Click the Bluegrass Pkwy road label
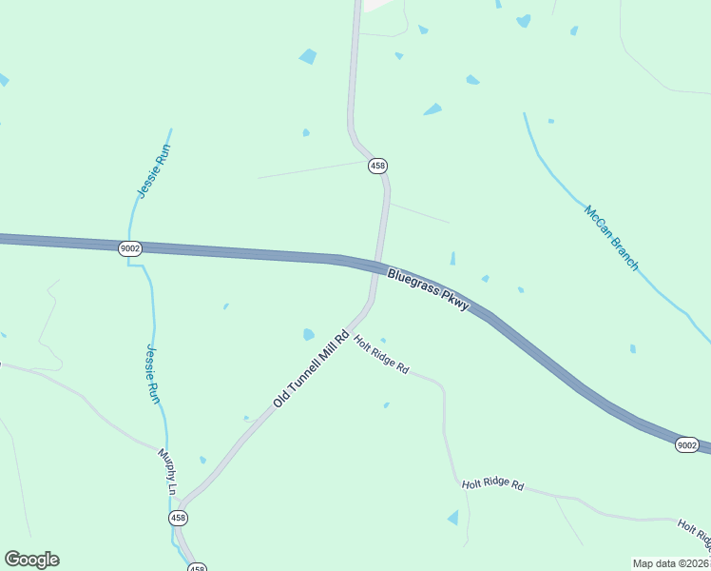click(429, 290)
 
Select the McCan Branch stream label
click(611, 238)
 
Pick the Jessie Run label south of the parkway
click(152, 374)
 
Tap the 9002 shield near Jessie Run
click(130, 248)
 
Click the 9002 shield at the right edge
click(687, 445)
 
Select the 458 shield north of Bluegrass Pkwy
click(378, 166)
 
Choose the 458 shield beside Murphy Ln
click(178, 518)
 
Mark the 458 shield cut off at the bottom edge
click(197, 567)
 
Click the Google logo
click(31, 559)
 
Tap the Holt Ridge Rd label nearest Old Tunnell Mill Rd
click(381, 354)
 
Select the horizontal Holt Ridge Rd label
click(492, 485)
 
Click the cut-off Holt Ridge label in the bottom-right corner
click(695, 537)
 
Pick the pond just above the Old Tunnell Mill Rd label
click(308, 334)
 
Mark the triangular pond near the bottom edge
click(453, 518)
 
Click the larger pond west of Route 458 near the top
click(308, 57)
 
